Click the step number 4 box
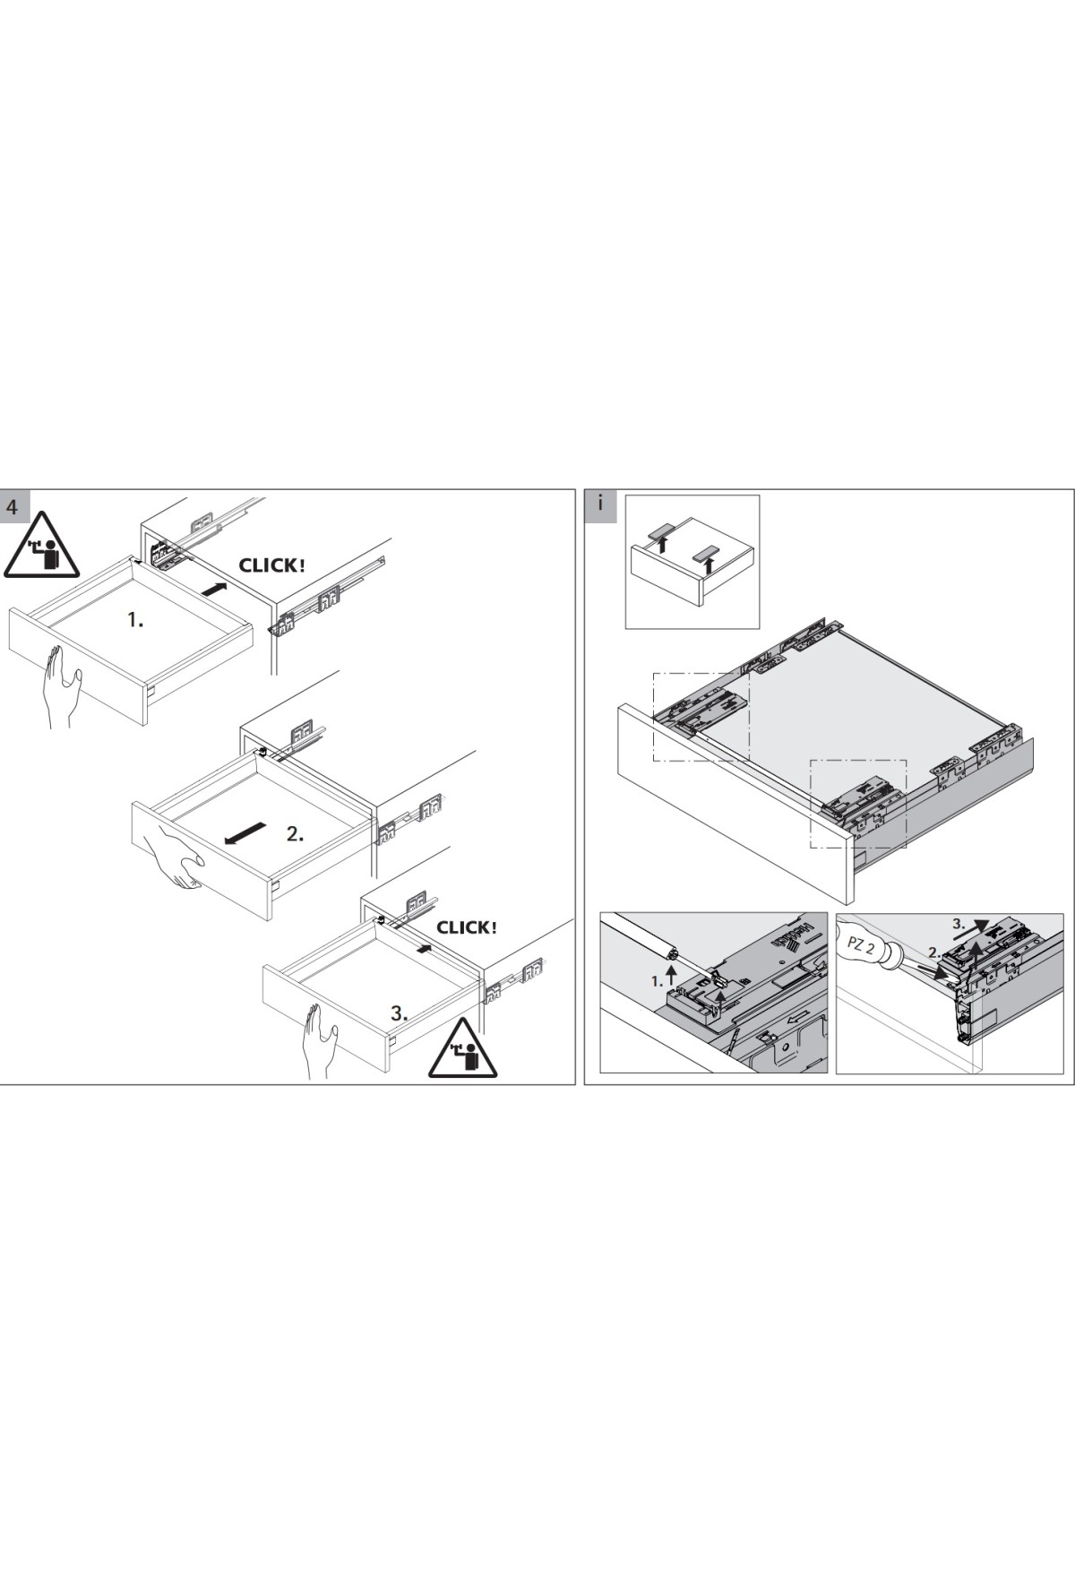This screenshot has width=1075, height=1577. click(x=12, y=506)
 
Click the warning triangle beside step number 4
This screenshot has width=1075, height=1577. click(x=42, y=547)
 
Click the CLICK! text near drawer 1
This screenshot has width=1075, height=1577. click(x=271, y=565)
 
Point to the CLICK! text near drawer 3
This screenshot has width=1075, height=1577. click(x=466, y=927)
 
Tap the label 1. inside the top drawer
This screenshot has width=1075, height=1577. click(x=135, y=619)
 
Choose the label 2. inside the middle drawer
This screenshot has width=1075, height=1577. click(x=296, y=833)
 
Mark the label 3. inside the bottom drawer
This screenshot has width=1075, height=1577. click(x=400, y=1014)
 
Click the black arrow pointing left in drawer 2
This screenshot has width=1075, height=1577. click(x=245, y=832)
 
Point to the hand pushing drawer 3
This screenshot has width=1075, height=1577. click(x=319, y=1041)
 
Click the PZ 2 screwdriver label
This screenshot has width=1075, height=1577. click(x=858, y=944)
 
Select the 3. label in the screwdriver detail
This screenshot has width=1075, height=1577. click(x=958, y=923)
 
